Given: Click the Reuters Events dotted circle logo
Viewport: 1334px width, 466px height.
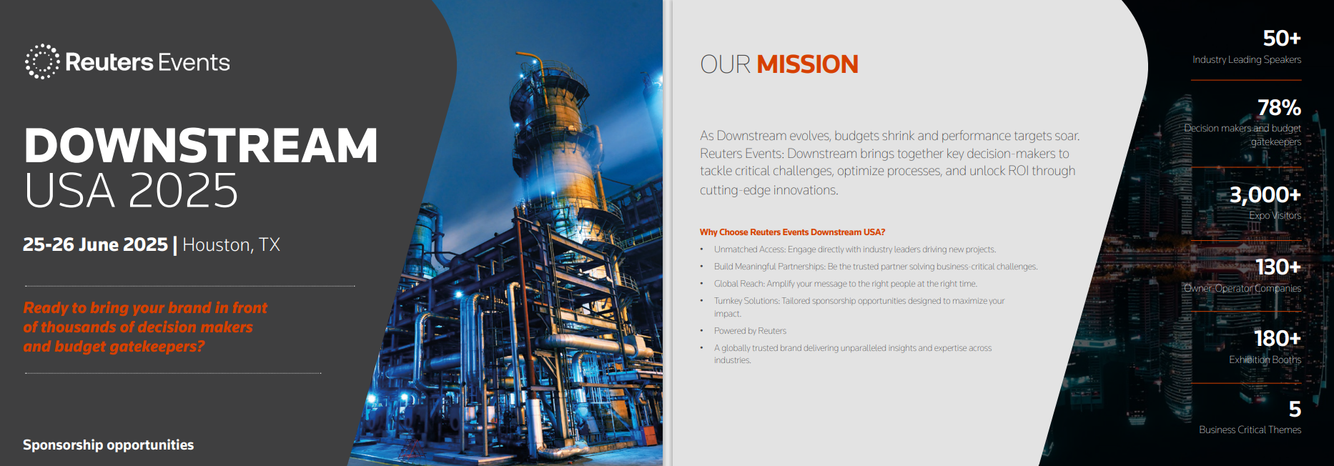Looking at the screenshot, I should (42, 61).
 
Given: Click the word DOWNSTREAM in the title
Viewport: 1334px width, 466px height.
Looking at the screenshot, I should (201, 146).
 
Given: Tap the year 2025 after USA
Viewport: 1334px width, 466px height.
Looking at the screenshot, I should (184, 191).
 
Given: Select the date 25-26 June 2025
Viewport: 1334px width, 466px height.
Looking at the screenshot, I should (95, 244).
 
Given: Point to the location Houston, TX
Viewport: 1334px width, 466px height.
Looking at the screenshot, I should (231, 245).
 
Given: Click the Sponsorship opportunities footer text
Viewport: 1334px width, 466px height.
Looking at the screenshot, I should (108, 445).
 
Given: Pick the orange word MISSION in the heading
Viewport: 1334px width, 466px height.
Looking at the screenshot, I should (807, 64).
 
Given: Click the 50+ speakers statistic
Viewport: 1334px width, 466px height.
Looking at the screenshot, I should (1281, 38).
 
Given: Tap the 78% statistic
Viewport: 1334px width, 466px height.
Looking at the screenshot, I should (1279, 108).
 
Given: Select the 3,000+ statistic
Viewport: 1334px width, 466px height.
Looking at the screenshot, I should (1265, 194).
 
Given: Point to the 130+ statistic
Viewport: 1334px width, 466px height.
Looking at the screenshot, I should (1278, 267).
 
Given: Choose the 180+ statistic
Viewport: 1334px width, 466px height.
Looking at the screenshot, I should (1277, 338).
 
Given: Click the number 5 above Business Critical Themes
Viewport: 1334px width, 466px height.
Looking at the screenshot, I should (1295, 409).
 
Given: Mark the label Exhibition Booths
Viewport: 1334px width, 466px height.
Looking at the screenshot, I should (1265, 360).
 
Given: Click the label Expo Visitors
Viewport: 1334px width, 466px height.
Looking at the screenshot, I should (1275, 215).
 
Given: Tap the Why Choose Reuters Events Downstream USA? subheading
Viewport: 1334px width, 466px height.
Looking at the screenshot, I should (792, 232).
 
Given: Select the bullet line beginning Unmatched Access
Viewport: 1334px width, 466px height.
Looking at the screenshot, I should (854, 249).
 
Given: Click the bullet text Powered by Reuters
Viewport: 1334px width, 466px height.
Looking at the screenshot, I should (750, 331).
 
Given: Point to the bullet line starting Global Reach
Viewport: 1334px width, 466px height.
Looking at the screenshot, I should (845, 284).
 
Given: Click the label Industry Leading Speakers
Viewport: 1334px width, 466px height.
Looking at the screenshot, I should (1246, 59).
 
